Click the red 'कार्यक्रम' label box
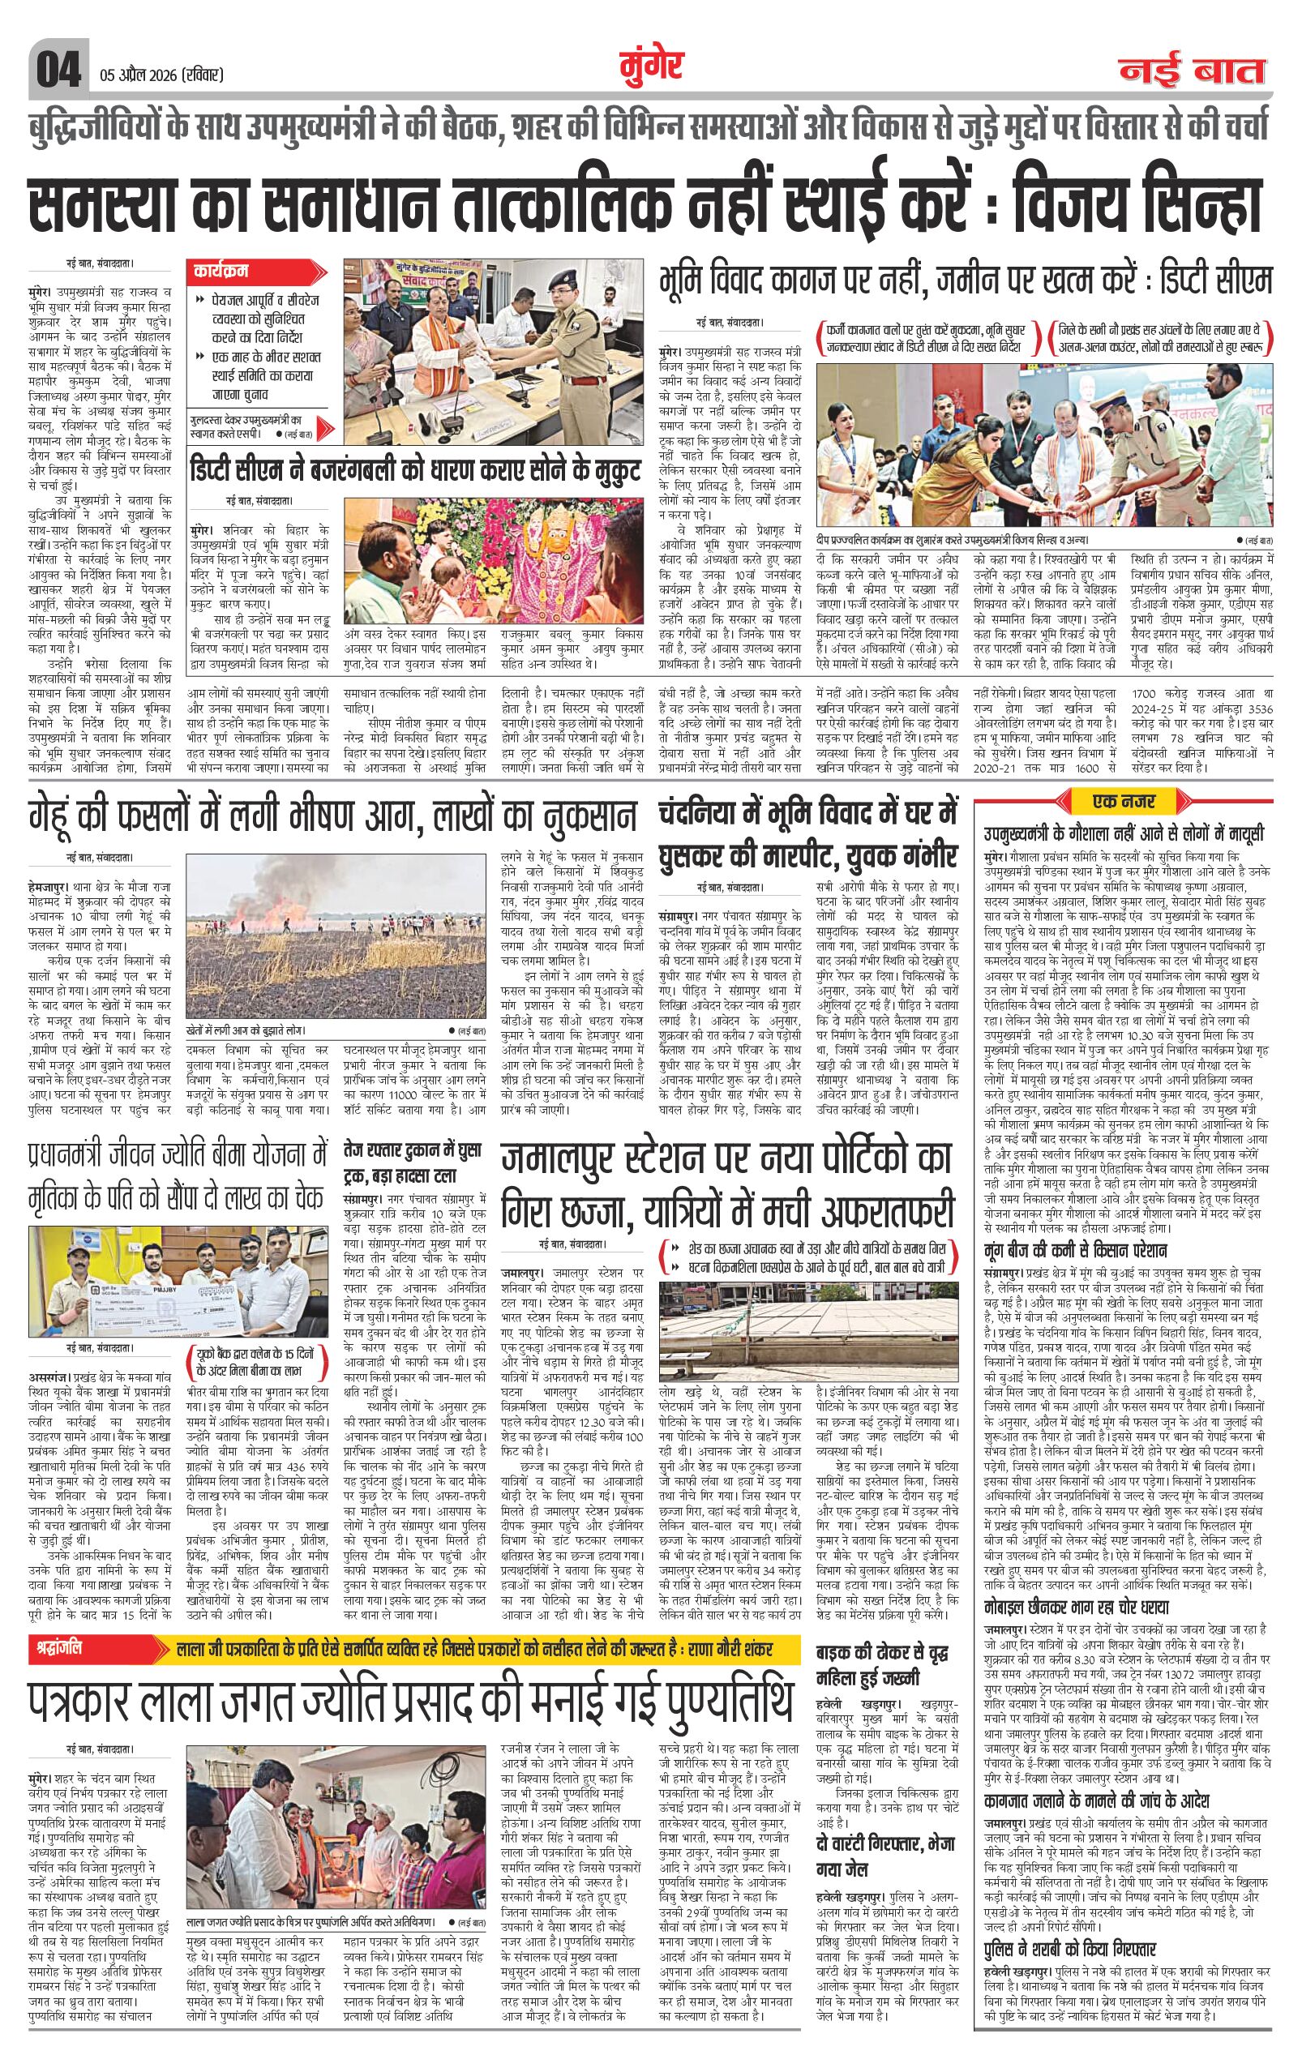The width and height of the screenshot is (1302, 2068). click(221, 271)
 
